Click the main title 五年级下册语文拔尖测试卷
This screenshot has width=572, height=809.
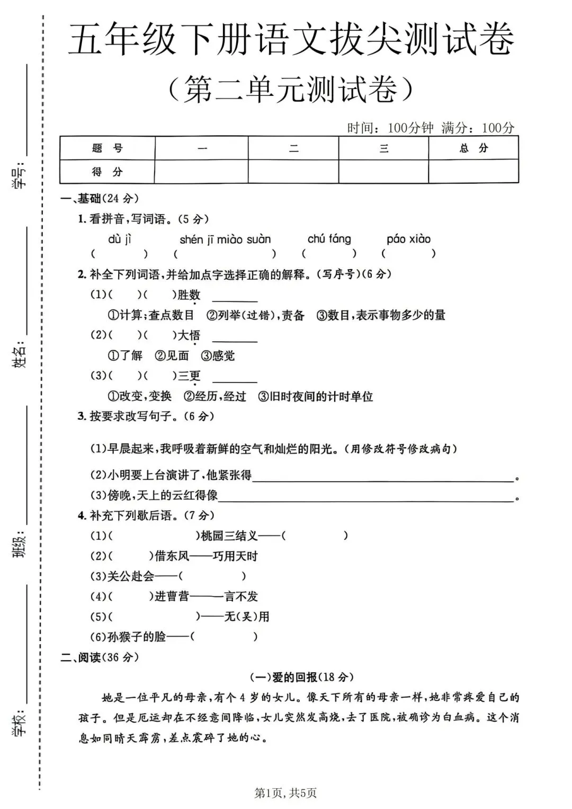point(291,40)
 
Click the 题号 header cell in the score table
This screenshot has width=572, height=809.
point(107,148)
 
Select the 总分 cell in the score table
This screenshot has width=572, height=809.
point(473,148)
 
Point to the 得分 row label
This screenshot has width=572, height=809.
point(107,172)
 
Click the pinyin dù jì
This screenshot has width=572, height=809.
point(120,239)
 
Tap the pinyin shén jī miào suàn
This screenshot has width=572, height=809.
point(225,239)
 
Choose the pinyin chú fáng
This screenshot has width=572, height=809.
point(329,239)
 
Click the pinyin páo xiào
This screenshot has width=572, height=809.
point(408,239)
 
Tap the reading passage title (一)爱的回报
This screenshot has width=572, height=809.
point(301,677)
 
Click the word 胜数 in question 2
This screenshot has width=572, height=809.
point(189,295)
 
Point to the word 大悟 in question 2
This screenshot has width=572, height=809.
point(189,335)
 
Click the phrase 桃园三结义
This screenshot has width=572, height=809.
point(229,536)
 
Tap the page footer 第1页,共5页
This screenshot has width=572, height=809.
point(285,793)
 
